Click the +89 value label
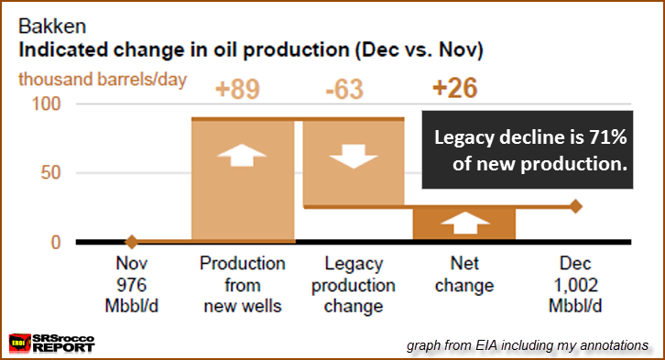coord(237,89)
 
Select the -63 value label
coord(344,89)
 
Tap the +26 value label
coord(454,88)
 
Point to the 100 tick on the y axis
coord(46,104)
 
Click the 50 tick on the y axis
coord(50,173)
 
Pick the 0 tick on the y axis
coord(56,243)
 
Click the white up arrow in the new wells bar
coord(242,155)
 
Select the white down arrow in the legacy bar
coord(354,156)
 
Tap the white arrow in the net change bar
coord(465,223)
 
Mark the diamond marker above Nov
coord(132,242)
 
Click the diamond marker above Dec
coord(575,206)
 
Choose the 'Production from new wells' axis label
coord(243,285)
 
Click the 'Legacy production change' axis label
coord(354,285)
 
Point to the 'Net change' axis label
coord(464,274)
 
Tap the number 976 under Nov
coord(132,285)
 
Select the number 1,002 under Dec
coord(575,285)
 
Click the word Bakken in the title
coord(52,27)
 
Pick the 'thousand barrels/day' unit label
coord(103,80)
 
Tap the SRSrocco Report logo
coord(51,343)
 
